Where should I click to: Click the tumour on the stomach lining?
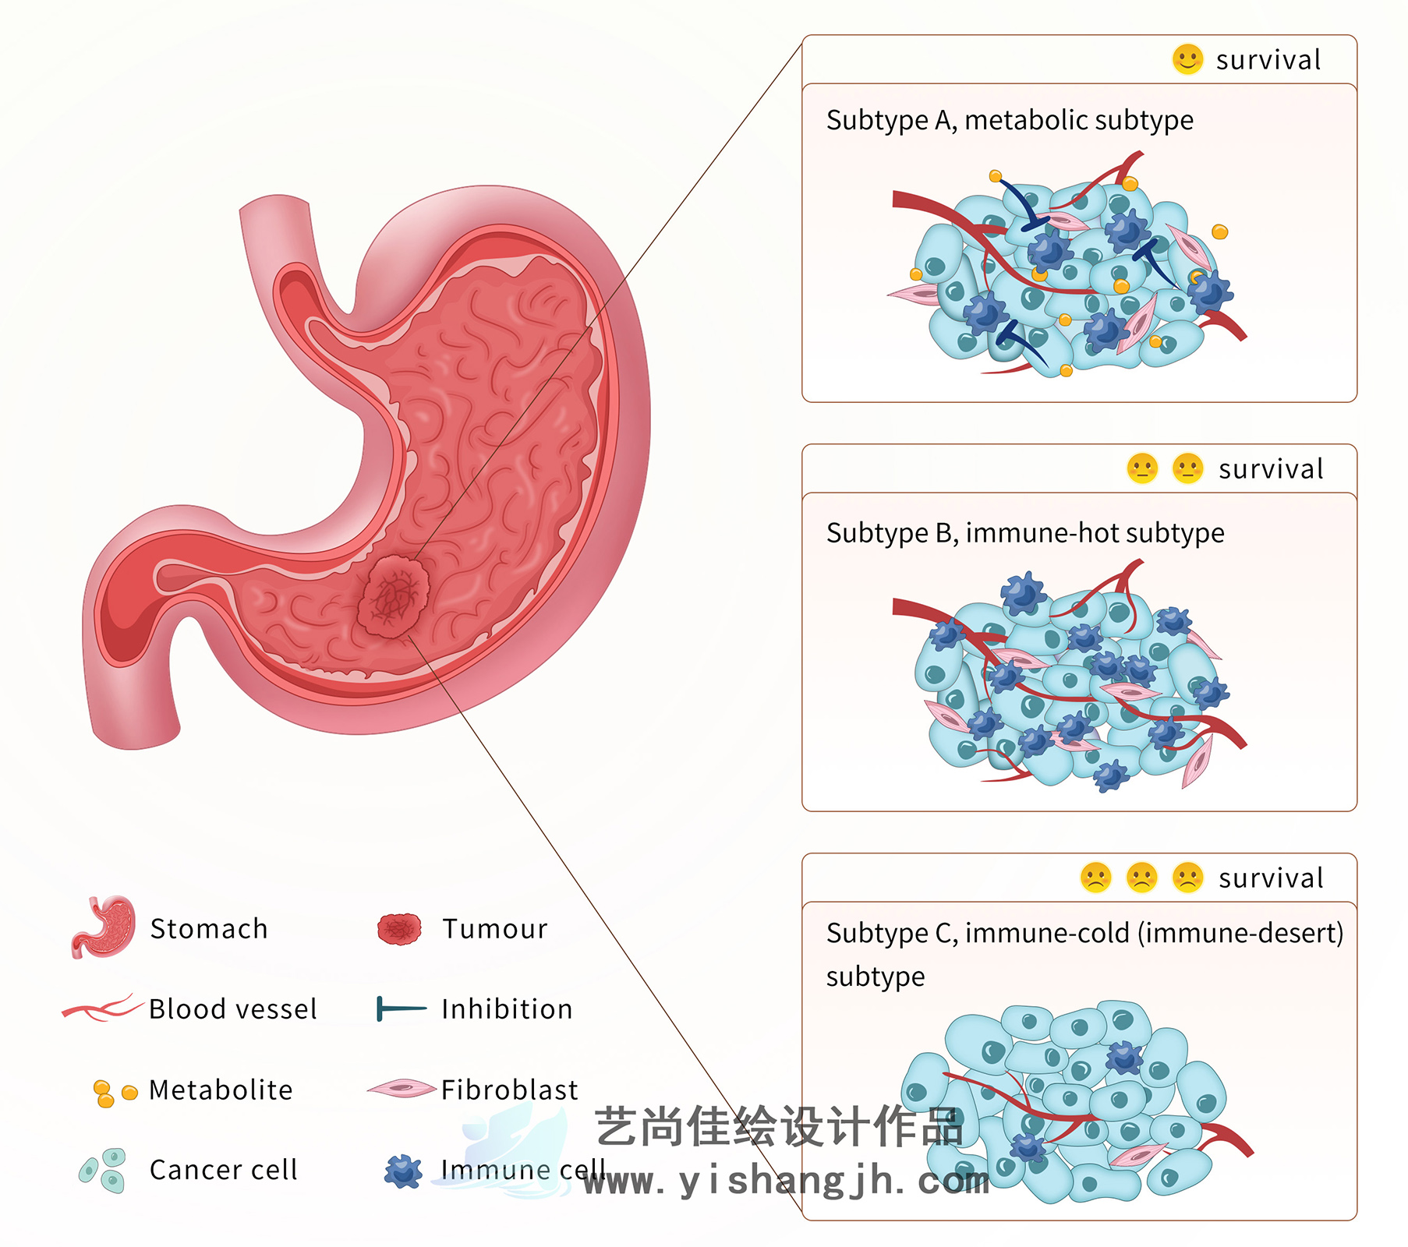pyautogui.click(x=394, y=596)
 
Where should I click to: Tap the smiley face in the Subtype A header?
pyautogui.click(x=1187, y=59)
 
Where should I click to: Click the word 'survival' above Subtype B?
pyautogui.click(x=1271, y=469)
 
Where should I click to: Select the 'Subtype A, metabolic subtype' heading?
pyautogui.click(x=1010, y=120)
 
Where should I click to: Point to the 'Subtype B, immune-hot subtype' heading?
pyautogui.click(x=1025, y=533)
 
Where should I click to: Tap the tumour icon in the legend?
pyautogui.click(x=399, y=929)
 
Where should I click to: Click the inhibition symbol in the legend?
pyautogui.click(x=401, y=1009)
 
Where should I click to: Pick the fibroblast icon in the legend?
pyautogui.click(x=402, y=1089)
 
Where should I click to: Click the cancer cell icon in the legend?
pyautogui.click(x=103, y=1170)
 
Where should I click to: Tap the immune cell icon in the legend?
pyautogui.click(x=403, y=1171)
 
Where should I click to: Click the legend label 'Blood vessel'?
pyautogui.click(x=233, y=1009)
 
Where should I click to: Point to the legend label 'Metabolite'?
pyautogui.click(x=221, y=1090)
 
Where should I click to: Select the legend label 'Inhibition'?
pyautogui.click(x=507, y=1009)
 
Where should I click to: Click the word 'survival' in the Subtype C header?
pyautogui.click(x=1271, y=878)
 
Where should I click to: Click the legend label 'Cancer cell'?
pyautogui.click(x=224, y=1170)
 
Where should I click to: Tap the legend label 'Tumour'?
pyautogui.click(x=495, y=929)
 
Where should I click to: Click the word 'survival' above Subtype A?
pyautogui.click(x=1268, y=60)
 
